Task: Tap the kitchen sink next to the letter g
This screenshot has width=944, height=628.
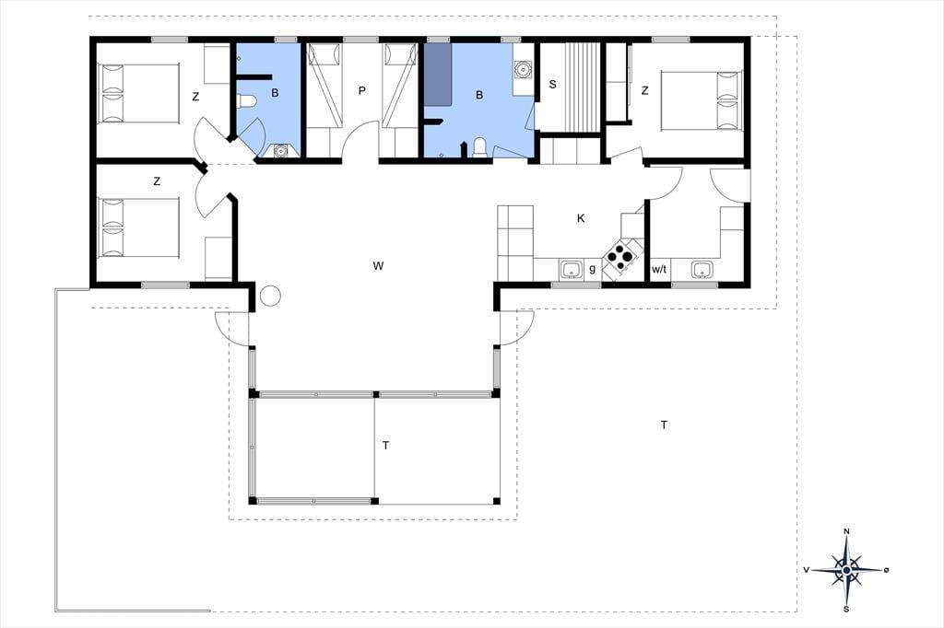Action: (x=571, y=269)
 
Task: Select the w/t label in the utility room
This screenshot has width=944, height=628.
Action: (x=659, y=269)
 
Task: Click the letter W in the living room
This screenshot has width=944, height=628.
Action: (x=378, y=266)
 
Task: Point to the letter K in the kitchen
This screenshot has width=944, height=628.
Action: (x=581, y=218)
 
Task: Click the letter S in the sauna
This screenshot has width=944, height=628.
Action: (x=553, y=85)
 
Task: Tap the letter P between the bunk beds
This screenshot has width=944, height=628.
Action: (x=361, y=91)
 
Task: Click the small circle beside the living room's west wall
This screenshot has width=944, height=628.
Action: (x=270, y=295)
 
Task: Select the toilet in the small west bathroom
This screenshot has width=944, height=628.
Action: (x=247, y=101)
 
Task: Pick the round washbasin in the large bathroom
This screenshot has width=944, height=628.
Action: (x=523, y=69)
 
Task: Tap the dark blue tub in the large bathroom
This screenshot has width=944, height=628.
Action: (x=439, y=74)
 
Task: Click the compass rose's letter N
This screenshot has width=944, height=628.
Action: (x=846, y=531)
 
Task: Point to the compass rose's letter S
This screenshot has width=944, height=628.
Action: (x=846, y=610)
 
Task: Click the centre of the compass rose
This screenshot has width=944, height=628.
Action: (x=847, y=570)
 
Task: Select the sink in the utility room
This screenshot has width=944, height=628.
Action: (x=701, y=269)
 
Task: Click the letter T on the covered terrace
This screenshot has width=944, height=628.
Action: (x=386, y=446)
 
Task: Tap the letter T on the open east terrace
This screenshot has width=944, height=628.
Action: (x=664, y=425)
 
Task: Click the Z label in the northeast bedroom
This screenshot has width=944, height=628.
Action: (x=645, y=91)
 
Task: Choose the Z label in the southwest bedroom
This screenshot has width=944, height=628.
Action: (x=157, y=181)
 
